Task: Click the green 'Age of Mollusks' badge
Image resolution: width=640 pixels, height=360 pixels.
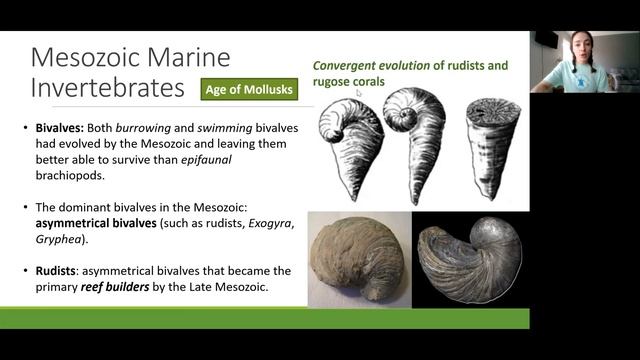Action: [x=248, y=90]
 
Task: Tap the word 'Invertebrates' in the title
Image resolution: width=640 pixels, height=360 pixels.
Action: [x=106, y=88]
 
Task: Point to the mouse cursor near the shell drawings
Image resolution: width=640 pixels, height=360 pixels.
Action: [x=358, y=92]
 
